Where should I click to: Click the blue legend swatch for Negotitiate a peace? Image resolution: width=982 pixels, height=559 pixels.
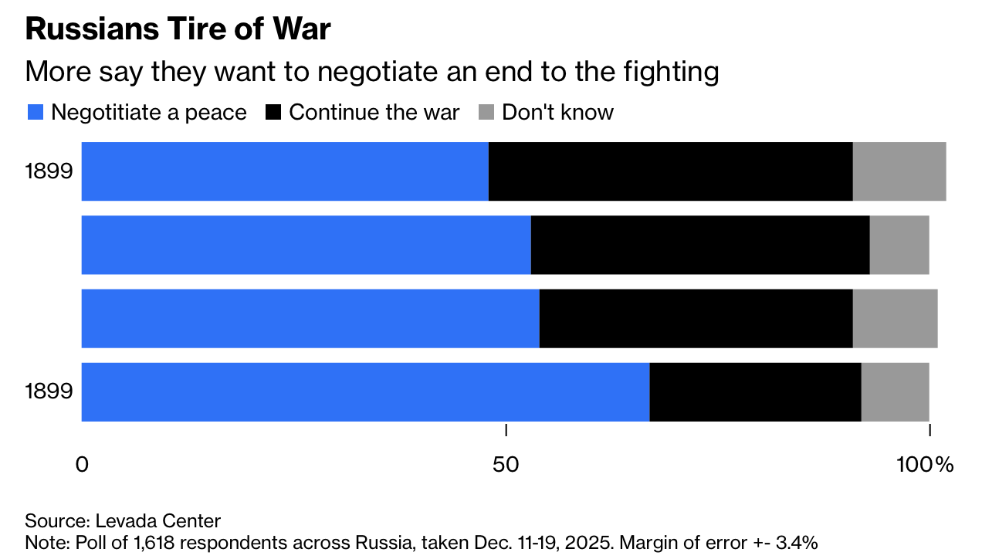35,113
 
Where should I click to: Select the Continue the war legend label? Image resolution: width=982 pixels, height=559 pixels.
374,113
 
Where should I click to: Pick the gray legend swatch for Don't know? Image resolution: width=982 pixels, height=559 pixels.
486,113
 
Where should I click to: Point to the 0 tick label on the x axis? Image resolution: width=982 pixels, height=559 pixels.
82,465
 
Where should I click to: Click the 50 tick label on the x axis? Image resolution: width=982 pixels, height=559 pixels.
505,465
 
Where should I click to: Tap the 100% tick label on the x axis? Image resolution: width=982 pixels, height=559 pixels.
925,465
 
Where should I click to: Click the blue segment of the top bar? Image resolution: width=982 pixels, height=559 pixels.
285,171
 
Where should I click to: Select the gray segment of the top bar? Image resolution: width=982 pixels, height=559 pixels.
899,171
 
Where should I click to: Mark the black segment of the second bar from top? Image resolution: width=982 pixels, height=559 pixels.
700,245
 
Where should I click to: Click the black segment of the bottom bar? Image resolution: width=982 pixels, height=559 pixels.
755,391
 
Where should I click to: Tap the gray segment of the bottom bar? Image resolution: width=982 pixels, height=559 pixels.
895,391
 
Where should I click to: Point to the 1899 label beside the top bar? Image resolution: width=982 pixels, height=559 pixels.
49,171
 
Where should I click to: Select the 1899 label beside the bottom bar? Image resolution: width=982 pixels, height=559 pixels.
49,391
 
